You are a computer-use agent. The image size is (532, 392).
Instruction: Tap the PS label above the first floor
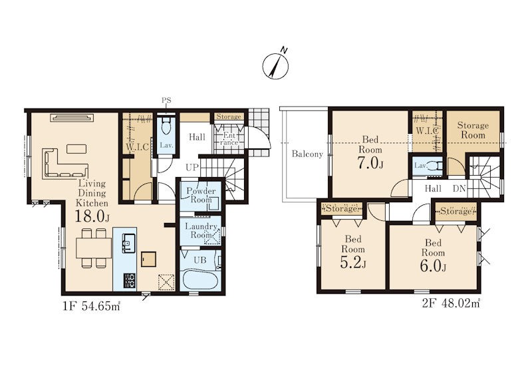[x=166, y=100]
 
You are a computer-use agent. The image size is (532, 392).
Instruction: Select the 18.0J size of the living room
[x=92, y=216]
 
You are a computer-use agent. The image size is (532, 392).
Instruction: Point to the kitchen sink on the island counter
[x=128, y=243]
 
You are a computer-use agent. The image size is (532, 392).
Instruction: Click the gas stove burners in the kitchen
[x=128, y=281]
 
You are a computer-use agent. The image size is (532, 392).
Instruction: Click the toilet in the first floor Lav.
[x=166, y=126]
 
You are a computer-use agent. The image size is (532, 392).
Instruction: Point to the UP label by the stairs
[x=192, y=167]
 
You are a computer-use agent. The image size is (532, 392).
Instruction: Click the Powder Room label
[x=201, y=195]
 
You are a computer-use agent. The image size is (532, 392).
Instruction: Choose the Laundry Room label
[x=201, y=231]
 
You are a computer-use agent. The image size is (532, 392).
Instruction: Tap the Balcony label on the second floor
[x=307, y=154]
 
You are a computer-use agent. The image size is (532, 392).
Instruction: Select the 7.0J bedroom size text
[x=370, y=164]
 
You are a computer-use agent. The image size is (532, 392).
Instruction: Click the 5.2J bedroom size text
[x=353, y=263]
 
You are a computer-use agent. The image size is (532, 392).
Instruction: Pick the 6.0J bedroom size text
[x=433, y=266]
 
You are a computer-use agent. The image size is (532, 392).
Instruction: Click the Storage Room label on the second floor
[x=473, y=130]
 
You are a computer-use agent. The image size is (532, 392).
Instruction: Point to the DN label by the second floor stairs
[x=460, y=188]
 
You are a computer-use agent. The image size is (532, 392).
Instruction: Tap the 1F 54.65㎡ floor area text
[x=91, y=306]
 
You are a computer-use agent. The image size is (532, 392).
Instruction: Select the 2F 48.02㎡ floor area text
[x=451, y=303]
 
